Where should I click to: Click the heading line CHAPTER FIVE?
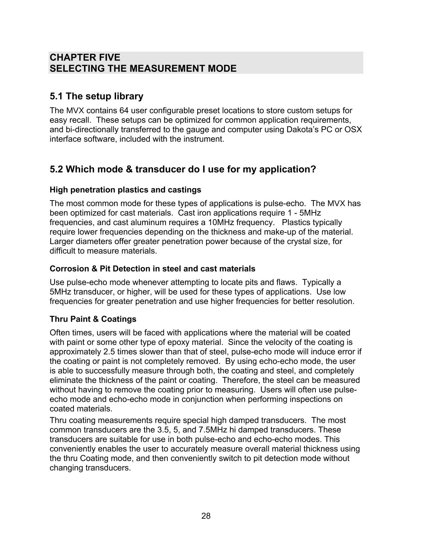(x=85, y=58)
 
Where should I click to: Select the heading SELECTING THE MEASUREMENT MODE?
(x=143, y=68)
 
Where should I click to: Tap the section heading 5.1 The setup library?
(x=96, y=96)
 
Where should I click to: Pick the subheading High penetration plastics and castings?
(x=125, y=190)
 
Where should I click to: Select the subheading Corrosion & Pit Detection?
(x=152, y=269)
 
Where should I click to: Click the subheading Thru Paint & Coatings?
(x=93, y=319)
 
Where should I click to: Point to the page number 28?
(x=206, y=516)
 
